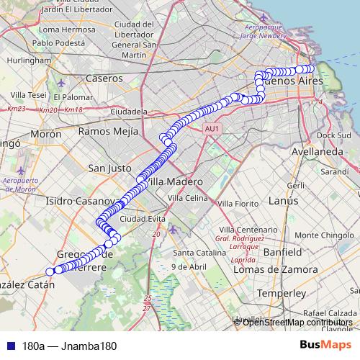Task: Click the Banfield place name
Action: [282, 253]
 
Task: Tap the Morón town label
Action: [46, 134]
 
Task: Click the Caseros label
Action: [104, 77]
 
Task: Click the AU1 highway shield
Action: [211, 128]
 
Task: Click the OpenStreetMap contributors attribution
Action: [297, 322]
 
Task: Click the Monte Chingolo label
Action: [323, 235]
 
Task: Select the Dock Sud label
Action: [333, 135]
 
